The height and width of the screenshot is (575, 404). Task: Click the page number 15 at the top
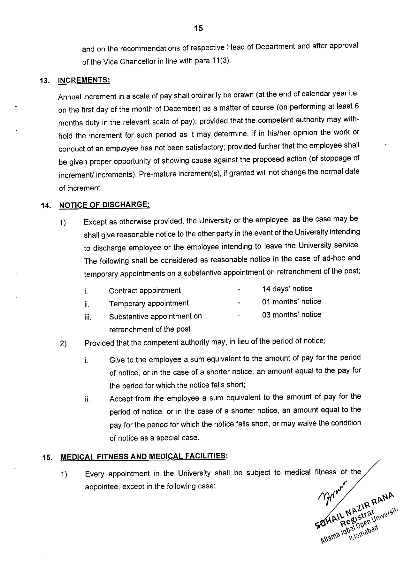pos(198,29)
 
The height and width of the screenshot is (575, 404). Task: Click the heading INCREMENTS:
pos(84,80)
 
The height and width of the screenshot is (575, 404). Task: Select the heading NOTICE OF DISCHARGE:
pos(104,204)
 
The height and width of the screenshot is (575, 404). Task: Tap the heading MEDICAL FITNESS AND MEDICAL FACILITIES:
pos(144,456)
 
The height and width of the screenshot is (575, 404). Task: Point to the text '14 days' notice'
pos(287,289)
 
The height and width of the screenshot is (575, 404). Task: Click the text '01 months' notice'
pos(292,302)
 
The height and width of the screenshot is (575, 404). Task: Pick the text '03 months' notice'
pos(292,315)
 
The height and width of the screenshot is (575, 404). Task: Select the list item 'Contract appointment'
pos(145,291)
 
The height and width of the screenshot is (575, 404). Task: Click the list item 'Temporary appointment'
pos(149,303)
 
